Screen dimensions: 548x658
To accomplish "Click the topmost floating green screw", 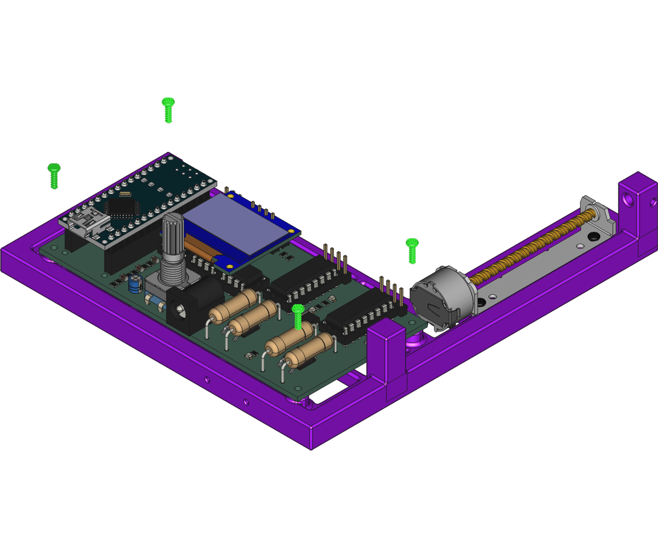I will (x=168, y=110).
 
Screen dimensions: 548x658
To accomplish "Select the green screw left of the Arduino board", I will (x=54, y=175).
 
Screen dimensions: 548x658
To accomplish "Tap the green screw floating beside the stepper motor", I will (x=412, y=250).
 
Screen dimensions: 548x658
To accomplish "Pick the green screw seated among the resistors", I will (x=298, y=316).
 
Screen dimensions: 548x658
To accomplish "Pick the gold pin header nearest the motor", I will (x=392, y=293).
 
